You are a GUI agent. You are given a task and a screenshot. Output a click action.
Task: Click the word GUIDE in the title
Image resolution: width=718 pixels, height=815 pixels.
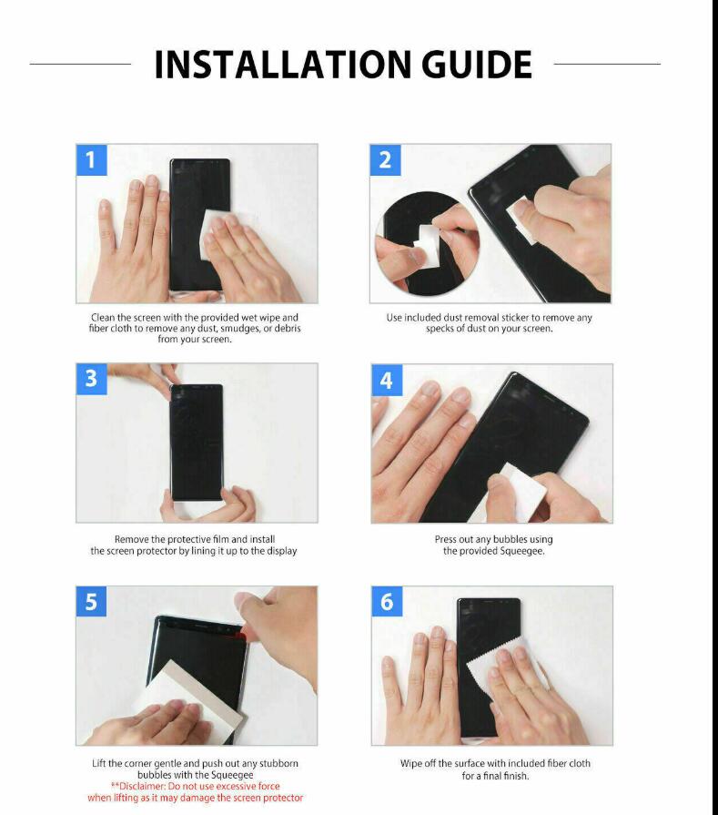tap(477, 65)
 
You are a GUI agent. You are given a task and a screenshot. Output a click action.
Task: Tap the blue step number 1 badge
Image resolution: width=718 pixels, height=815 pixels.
tap(91, 160)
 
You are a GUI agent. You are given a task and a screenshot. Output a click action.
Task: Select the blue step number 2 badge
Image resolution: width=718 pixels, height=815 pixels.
tap(385, 160)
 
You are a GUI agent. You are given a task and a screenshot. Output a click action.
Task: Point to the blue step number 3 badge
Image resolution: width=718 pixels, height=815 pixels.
tap(91, 379)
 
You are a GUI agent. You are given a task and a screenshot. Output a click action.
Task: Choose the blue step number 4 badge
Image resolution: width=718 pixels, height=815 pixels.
tap(387, 380)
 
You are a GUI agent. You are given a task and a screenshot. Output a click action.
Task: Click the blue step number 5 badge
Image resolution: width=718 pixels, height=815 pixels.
tap(91, 601)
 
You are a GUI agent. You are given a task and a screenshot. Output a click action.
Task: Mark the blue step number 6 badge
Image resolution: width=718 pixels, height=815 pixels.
tap(387, 601)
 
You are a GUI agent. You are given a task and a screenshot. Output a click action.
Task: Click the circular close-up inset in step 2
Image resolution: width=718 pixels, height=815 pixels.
tap(427, 244)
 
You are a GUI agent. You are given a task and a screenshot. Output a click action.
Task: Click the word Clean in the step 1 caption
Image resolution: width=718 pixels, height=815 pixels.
tap(103, 318)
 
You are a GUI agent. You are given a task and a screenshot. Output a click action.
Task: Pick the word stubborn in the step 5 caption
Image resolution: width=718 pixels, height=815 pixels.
tap(278, 763)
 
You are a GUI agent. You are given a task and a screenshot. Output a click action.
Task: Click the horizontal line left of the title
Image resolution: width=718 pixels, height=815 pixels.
tap(80, 64)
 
